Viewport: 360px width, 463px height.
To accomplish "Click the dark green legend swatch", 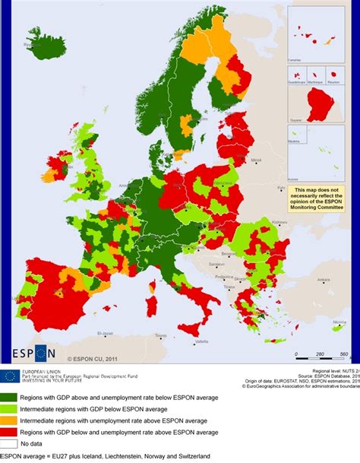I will [11, 396].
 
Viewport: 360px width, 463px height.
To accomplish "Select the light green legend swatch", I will [11, 408].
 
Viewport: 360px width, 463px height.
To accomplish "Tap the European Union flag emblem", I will [10, 375].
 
